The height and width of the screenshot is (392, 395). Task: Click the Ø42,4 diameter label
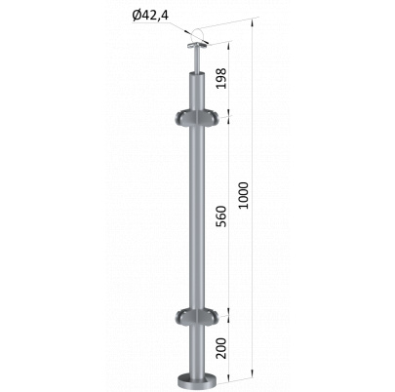(150, 16)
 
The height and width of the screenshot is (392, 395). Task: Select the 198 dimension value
(221, 78)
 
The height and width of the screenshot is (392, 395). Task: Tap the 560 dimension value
(221, 216)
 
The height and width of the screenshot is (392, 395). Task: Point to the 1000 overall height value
(243, 195)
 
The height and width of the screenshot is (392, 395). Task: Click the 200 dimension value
(221, 348)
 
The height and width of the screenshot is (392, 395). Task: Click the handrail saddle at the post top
(197, 46)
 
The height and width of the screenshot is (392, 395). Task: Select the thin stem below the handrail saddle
(197, 61)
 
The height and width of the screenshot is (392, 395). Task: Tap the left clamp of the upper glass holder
(184, 120)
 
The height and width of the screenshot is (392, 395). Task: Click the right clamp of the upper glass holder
(211, 120)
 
